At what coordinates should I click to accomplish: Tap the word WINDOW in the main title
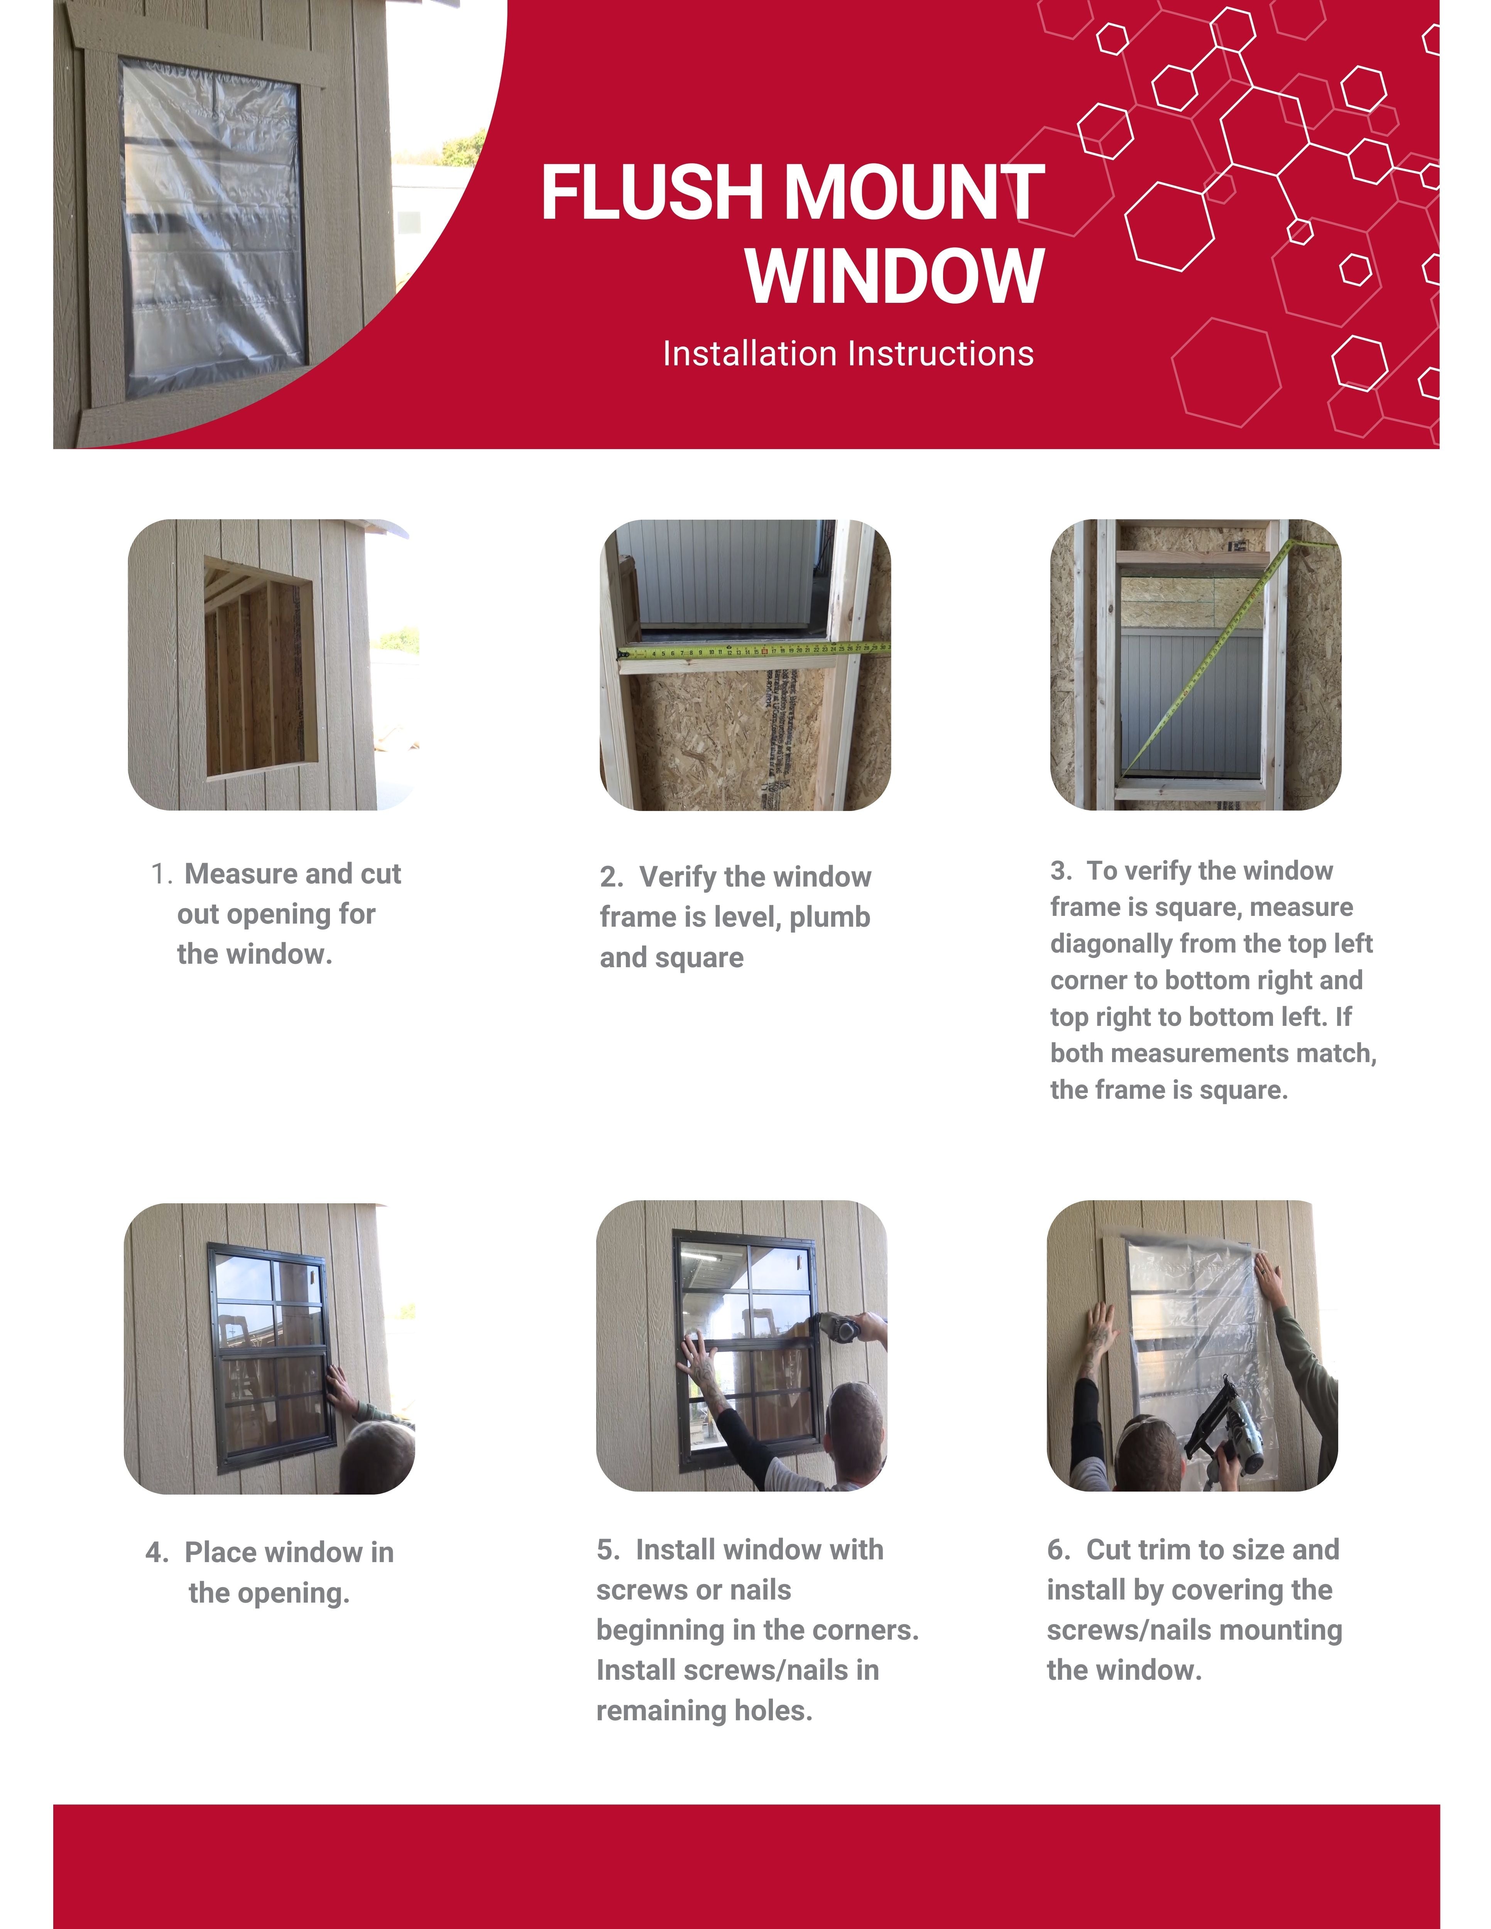coord(895,277)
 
